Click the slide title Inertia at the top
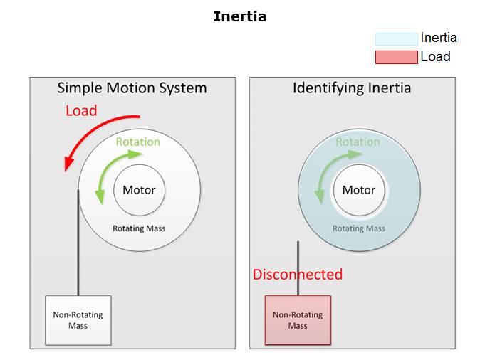pyautogui.click(x=240, y=16)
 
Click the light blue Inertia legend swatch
pyautogui.click(x=396, y=39)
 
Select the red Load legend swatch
pyautogui.click(x=396, y=58)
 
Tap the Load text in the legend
pyautogui.click(x=435, y=57)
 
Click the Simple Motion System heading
pyautogui.click(x=132, y=88)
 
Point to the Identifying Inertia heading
pyautogui.click(x=352, y=88)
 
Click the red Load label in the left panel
pyautogui.click(x=81, y=111)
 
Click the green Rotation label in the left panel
pyautogui.click(x=138, y=142)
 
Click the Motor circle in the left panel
pyautogui.click(x=139, y=190)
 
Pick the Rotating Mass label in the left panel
pyautogui.click(x=139, y=228)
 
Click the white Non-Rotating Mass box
pyautogui.click(x=78, y=320)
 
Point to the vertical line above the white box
pyautogui.click(x=78, y=242)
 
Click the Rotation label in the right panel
pyautogui.click(x=358, y=142)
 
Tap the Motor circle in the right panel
pyautogui.click(x=358, y=190)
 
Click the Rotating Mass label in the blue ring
pyautogui.click(x=358, y=228)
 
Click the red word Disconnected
pyautogui.click(x=298, y=275)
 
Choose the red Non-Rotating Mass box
pyautogui.click(x=298, y=320)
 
